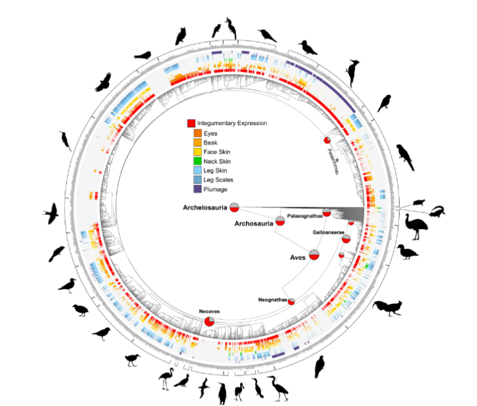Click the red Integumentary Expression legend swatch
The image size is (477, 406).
pos(191,123)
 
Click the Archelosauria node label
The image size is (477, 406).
pos(205,207)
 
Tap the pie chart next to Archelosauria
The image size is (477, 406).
pos(234,207)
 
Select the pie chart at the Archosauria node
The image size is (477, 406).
pos(279,221)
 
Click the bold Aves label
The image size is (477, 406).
pos(298,257)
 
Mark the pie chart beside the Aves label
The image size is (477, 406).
pos(314,256)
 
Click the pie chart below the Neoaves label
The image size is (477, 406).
pos(209,323)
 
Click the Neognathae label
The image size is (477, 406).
pos(273,299)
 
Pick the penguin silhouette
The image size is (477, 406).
pos(222,393)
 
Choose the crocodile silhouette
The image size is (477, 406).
pos(437,212)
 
